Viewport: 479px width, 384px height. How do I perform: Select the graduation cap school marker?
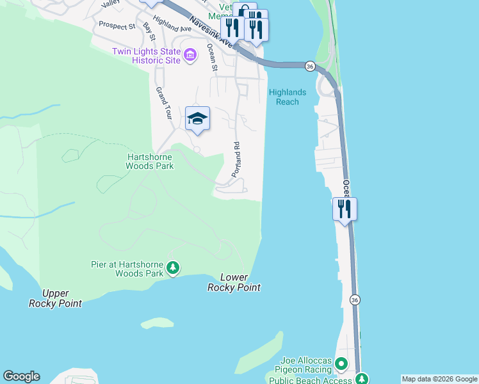pyautogui.click(x=198, y=118)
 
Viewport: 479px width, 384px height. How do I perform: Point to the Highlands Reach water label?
pyautogui.click(x=287, y=97)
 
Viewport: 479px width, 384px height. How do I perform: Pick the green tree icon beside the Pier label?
pyautogui.click(x=172, y=268)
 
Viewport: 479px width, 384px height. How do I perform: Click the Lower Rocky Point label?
pyautogui.click(x=234, y=282)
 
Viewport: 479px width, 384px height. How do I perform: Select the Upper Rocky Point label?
pyautogui.click(x=56, y=298)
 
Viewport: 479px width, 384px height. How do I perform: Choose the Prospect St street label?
pyautogui.click(x=117, y=26)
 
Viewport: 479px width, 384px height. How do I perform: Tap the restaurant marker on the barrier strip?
pyautogui.click(x=345, y=209)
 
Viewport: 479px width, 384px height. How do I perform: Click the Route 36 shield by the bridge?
pyautogui.click(x=310, y=67)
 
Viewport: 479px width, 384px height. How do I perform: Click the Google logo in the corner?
pyautogui.click(x=21, y=376)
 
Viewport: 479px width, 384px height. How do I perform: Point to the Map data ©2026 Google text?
pyautogui.click(x=439, y=379)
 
